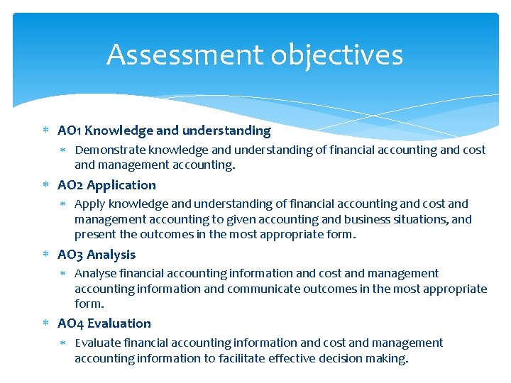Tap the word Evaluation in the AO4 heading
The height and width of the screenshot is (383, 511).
point(119,323)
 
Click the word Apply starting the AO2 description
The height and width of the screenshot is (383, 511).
point(90,204)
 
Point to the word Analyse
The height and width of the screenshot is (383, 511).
point(95,274)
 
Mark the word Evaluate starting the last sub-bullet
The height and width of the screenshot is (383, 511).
point(97,343)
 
